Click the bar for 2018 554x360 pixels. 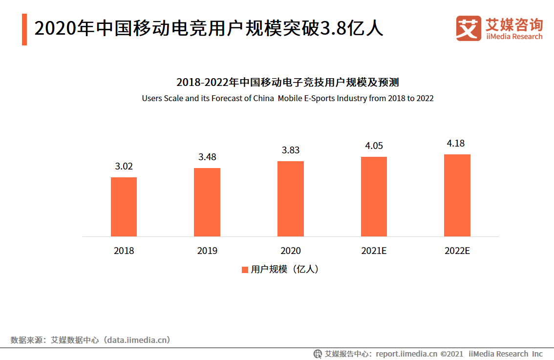[124, 207]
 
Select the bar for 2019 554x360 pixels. [207, 202]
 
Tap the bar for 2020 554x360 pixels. [291, 199]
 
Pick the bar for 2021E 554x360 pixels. [374, 196]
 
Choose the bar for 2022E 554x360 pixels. [457, 195]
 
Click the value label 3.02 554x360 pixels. [124, 167]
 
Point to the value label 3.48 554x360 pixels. [207, 157]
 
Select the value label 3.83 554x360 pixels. [291, 150]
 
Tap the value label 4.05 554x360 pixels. [374, 146]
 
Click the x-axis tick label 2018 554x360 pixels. [124, 251]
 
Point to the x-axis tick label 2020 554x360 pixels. [291, 251]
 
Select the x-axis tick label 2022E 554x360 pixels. [457, 251]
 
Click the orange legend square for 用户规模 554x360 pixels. [245, 270]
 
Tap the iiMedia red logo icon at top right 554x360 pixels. [469, 28]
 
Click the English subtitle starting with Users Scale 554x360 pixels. [288, 98]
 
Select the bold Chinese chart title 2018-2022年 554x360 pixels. [288, 82]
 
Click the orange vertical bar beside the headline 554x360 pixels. [24, 29]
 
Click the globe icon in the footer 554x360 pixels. [318, 354]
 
